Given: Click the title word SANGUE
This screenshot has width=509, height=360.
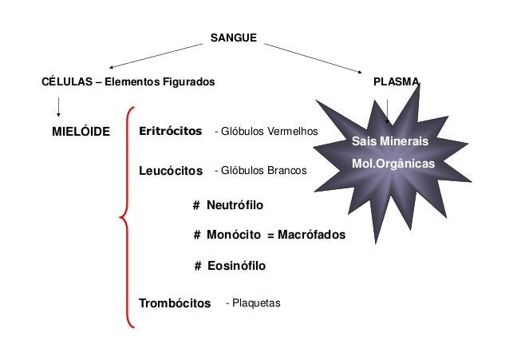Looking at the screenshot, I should click(233, 38).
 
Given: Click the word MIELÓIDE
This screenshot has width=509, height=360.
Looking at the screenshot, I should click(81, 131).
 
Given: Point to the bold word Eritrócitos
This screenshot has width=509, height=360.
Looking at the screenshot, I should click(170, 131).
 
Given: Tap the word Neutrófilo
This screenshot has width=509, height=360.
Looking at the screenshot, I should click(235, 206).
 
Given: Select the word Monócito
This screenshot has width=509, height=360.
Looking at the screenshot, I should click(235, 235).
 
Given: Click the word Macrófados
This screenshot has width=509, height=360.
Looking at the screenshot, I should click(312, 235).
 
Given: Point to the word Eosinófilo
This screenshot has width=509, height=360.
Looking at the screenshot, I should click(236, 266).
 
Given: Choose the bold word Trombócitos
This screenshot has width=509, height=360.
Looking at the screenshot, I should click(175, 303).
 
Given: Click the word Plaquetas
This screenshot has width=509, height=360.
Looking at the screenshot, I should click(255, 303).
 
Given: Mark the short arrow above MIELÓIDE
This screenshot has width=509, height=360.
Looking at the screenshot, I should click(58, 105).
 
